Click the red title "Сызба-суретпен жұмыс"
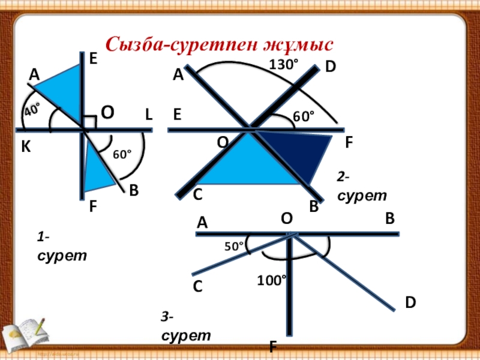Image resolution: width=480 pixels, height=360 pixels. click(x=218, y=44)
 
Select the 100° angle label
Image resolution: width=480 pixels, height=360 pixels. click(x=272, y=280)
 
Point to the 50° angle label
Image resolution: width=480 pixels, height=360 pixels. click(x=233, y=246)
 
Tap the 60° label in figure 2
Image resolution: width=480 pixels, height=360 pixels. click(x=303, y=116)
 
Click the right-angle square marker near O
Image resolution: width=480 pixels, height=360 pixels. click(x=88, y=122)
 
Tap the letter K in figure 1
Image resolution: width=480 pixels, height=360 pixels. click(x=26, y=148)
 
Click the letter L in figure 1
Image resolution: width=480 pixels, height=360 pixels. click(x=148, y=113)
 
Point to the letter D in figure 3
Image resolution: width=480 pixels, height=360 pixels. click(x=410, y=302)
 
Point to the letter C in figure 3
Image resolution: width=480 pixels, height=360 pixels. click(x=197, y=287)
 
